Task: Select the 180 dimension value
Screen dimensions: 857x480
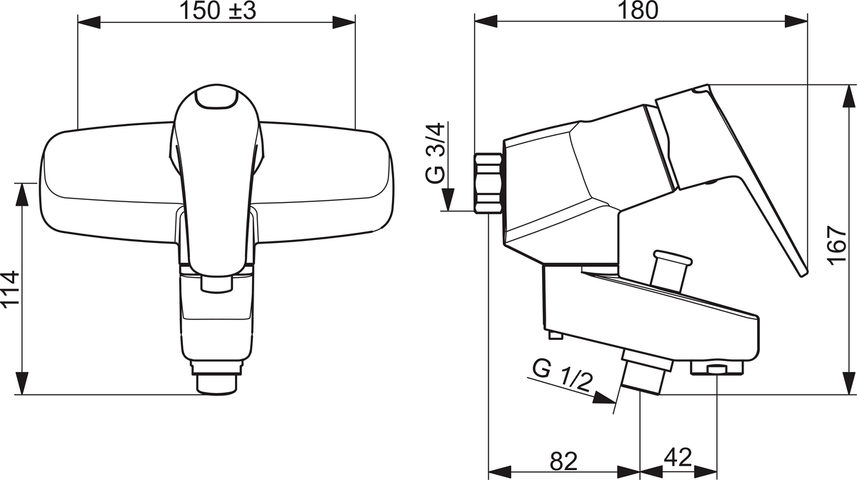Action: coord(638,10)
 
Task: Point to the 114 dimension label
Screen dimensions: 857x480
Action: coord(10,288)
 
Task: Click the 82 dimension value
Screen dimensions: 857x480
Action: coord(563,461)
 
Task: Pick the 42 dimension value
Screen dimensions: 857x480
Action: coord(678,457)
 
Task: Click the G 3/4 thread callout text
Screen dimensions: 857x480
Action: coord(436,153)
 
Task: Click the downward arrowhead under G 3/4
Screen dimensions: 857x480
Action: coord(448,199)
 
